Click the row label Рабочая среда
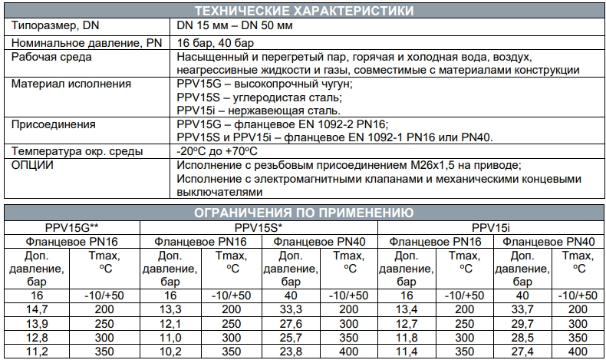pyautogui.click(x=53, y=58)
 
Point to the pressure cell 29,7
pyautogui.click(x=522, y=323)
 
